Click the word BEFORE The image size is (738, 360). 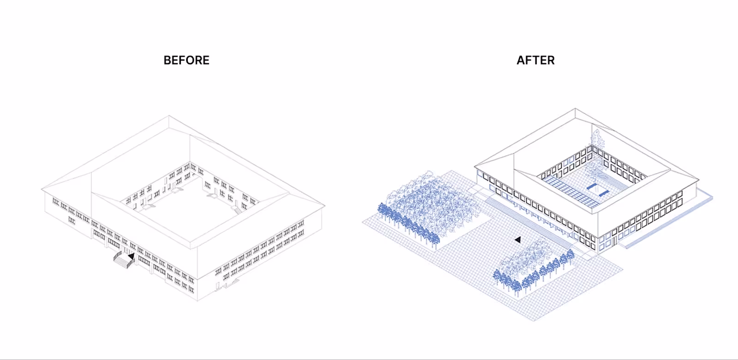(186, 60)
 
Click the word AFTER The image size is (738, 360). (536, 60)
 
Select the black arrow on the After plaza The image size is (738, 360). (518, 240)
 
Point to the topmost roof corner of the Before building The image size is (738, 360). (169, 116)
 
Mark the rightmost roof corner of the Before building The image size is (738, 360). (325, 206)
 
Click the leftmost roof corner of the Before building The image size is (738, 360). (42, 189)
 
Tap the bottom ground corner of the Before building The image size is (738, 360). (197, 300)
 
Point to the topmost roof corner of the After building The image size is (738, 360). (575, 109)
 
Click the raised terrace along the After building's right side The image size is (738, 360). (669, 222)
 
